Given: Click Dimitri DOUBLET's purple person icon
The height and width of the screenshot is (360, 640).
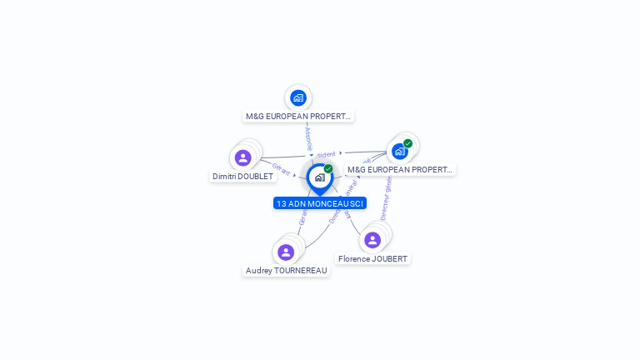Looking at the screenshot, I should click(x=242, y=157).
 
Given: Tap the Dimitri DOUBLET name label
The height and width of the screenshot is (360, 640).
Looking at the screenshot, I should click(x=242, y=177).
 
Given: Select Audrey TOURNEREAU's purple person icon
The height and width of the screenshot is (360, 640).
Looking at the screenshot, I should click(x=286, y=252).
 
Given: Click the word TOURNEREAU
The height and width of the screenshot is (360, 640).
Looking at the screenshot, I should click(x=297, y=271).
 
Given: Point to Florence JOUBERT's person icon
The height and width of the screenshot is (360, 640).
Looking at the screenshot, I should click(x=372, y=240).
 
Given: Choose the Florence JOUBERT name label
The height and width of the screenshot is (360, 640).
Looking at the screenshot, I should click(x=372, y=259).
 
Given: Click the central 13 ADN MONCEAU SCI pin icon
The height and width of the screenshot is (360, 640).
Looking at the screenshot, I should click(x=319, y=177).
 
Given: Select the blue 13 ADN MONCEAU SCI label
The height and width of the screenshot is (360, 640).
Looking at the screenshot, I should click(x=320, y=203).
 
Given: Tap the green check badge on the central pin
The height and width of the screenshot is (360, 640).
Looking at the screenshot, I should click(x=328, y=169).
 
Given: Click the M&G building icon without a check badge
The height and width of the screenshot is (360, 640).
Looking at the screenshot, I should click(x=298, y=97).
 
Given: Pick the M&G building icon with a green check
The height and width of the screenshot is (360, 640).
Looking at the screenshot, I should click(x=400, y=151).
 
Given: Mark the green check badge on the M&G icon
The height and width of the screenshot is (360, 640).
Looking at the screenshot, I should click(x=407, y=143).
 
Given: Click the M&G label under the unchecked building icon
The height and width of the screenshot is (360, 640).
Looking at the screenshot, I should click(x=298, y=117).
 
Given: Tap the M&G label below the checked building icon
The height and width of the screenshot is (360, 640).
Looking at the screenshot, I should click(x=400, y=170).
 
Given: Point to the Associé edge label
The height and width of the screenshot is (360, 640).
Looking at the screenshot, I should click(x=308, y=137).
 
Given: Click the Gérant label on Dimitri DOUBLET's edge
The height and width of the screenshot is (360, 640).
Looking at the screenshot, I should click(x=282, y=169).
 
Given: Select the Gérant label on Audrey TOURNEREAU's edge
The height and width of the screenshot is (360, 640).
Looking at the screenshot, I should click(x=302, y=217).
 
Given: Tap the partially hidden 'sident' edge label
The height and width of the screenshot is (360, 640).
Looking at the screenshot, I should click(x=326, y=154).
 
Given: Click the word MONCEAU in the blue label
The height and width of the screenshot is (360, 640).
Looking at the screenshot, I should click(x=325, y=203).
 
